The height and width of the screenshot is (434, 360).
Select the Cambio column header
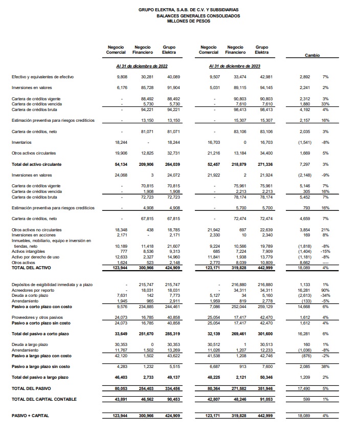pyautogui.click(x=312, y=55)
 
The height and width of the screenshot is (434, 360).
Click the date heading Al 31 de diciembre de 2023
pyautogui.click(x=235, y=66)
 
